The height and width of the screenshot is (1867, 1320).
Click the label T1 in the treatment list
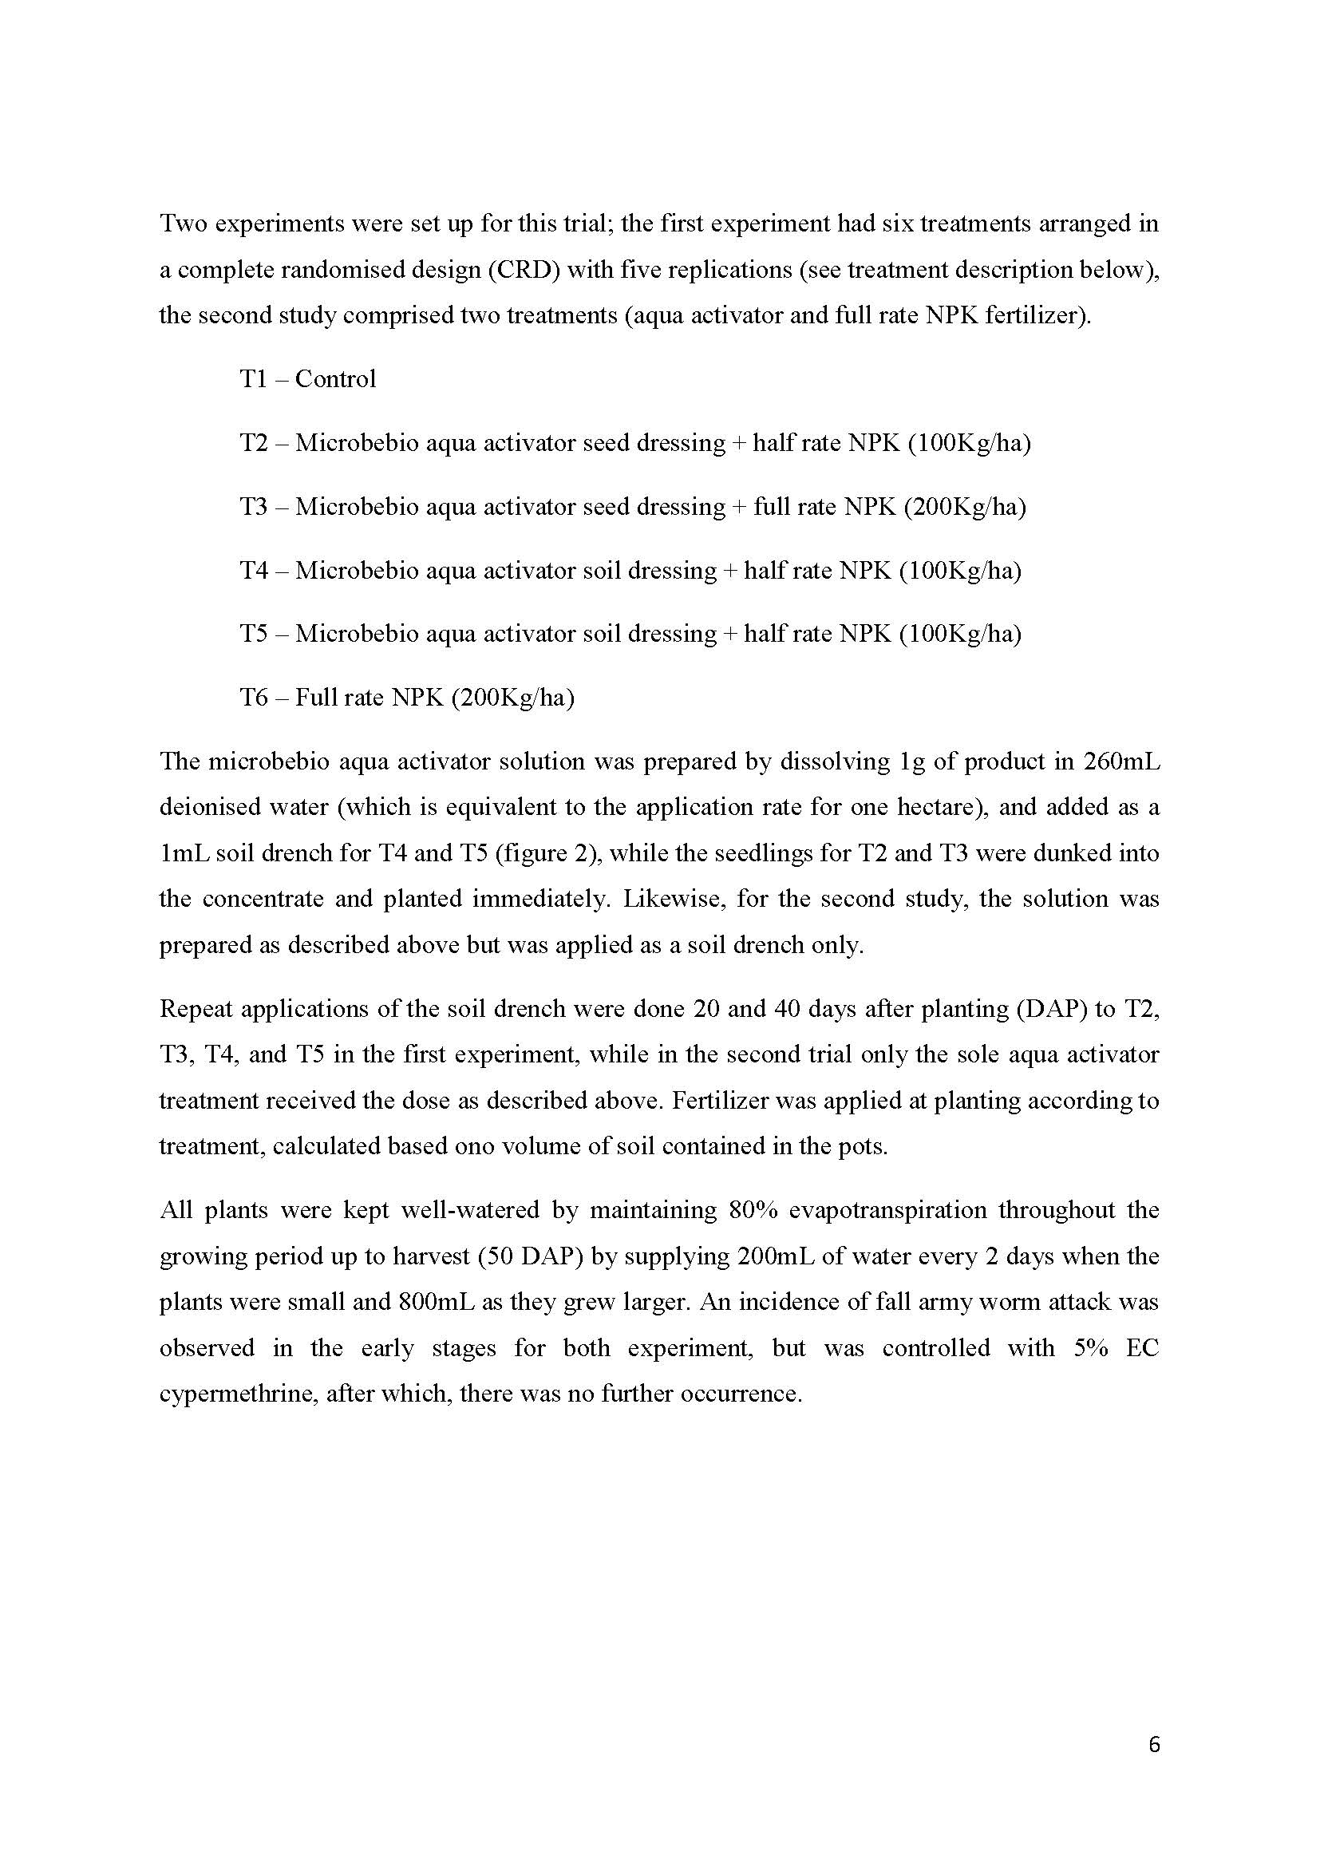click(x=253, y=379)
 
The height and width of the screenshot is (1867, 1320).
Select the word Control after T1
click(x=335, y=379)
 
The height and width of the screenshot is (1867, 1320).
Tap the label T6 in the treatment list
click(x=253, y=698)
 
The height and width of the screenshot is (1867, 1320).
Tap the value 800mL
click(x=438, y=1302)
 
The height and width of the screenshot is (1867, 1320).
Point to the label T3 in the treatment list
click(x=253, y=507)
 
